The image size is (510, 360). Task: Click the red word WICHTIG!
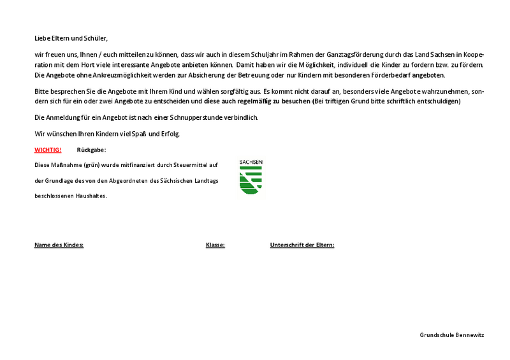pos(48,150)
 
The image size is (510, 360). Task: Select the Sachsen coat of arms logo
pos(251,178)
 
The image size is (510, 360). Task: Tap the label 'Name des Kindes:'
pos(59,245)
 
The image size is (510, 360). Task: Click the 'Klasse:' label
pos(215,245)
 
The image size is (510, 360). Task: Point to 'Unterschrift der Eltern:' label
pos(302,245)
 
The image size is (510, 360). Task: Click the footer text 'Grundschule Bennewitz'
pos(451,335)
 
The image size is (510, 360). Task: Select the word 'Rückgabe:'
pos(91,150)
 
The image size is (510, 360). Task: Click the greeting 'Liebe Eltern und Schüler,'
pos(71,38)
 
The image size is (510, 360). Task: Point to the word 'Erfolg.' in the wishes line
pos(169,134)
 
